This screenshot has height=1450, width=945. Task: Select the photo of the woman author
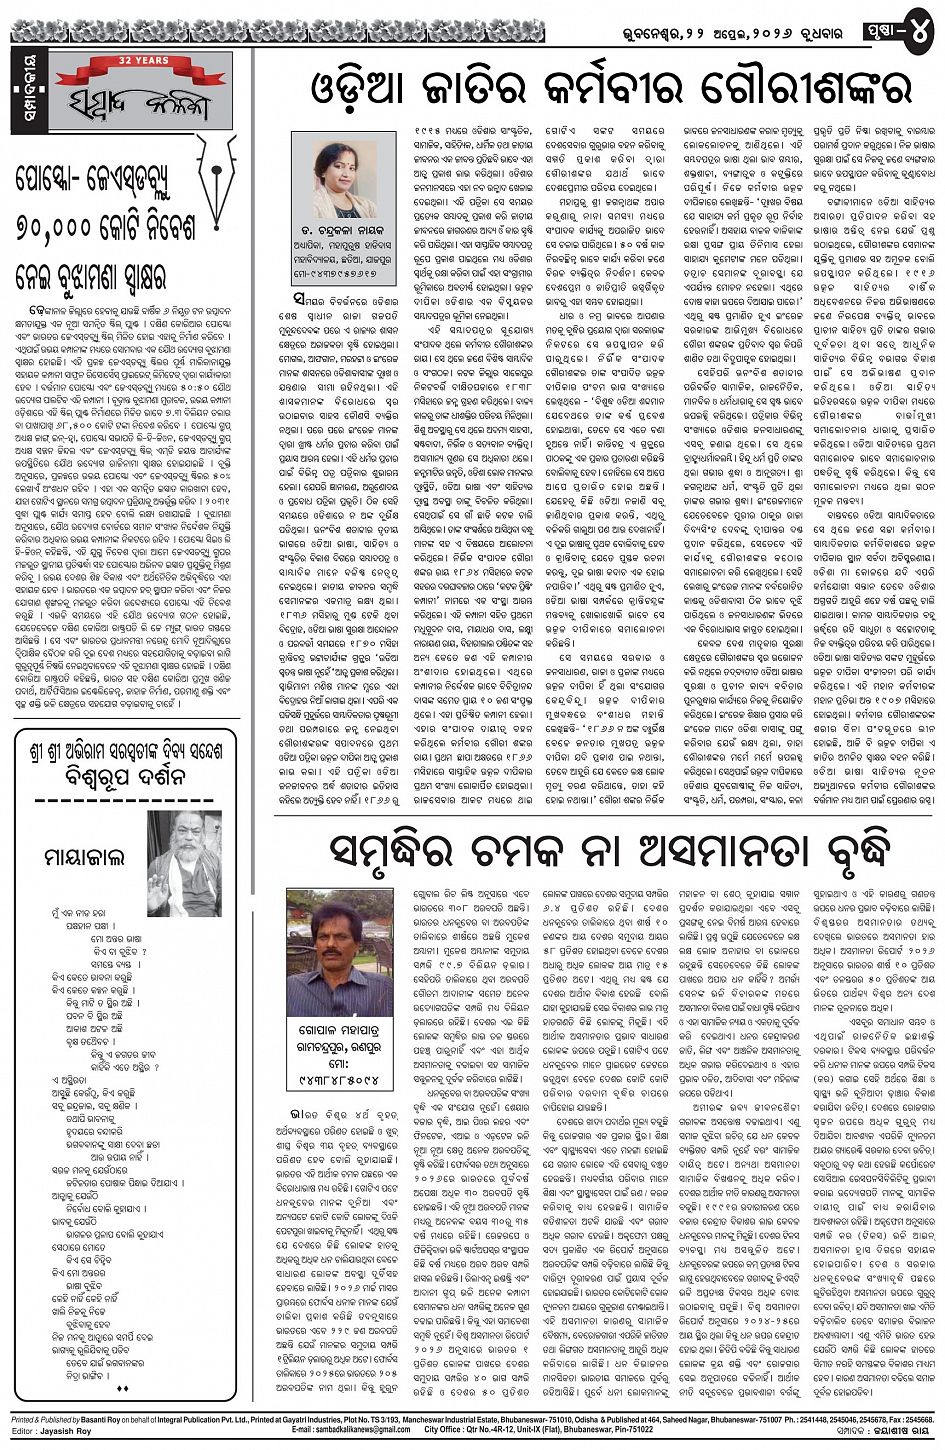(345, 164)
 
